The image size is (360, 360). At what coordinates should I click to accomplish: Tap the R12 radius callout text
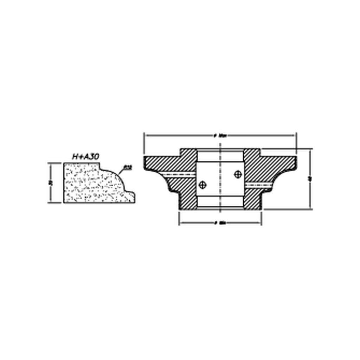coord(128,168)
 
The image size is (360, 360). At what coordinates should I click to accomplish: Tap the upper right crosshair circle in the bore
coord(238,173)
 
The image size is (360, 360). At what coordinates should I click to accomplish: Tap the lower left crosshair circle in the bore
coord(202,185)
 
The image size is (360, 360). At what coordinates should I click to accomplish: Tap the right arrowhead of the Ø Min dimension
coord(259,223)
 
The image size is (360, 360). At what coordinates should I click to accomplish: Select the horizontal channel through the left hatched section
coord(179,174)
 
